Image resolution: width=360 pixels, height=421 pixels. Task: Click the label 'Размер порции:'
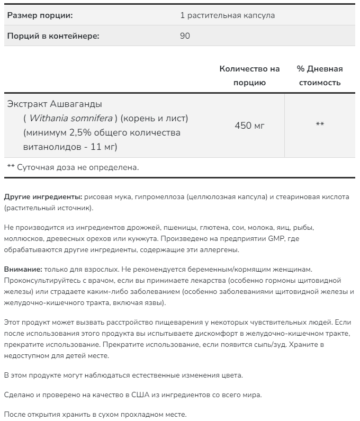point(40,15)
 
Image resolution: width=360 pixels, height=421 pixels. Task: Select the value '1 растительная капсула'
point(228,15)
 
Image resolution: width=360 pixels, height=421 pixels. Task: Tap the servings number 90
point(185,36)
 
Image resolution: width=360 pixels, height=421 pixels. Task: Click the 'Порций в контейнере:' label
point(53,36)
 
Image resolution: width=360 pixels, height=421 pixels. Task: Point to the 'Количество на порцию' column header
point(249,76)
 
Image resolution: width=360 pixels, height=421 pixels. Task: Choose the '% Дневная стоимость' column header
point(320,76)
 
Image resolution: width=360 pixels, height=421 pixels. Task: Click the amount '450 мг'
point(249,126)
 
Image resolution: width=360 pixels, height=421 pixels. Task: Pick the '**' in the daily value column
point(320,126)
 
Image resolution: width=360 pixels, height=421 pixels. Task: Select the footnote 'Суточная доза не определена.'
point(78,167)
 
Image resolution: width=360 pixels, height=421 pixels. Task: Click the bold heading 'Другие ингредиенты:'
point(43,197)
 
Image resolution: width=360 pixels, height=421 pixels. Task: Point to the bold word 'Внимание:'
point(23,270)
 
